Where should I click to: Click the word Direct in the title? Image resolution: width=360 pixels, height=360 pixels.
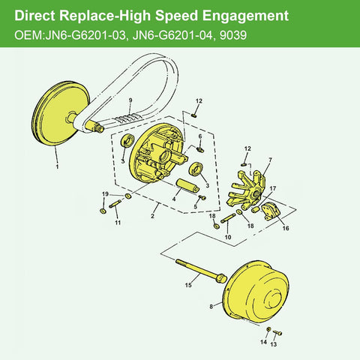click(37, 15)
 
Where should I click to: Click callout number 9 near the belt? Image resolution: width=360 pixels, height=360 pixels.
click(130, 100)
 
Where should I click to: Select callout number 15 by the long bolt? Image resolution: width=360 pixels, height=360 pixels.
click(189, 285)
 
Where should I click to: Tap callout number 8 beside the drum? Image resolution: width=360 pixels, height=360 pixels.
click(212, 306)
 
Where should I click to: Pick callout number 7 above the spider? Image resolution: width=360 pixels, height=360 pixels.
click(269, 160)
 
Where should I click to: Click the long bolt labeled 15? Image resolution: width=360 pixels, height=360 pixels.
click(199, 270)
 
